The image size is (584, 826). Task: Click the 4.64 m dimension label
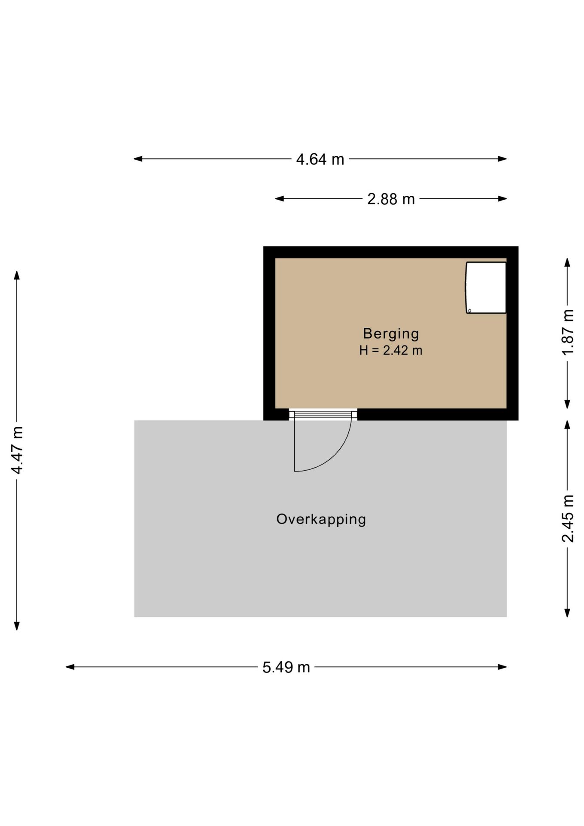tap(320, 160)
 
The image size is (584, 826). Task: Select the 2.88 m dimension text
tap(391, 199)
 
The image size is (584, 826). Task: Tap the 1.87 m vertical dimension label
tap(568, 332)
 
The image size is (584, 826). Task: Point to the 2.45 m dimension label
tap(568, 518)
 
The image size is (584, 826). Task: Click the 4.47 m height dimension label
tap(17, 450)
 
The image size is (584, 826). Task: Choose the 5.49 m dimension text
tap(286, 667)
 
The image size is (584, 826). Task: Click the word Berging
tap(391, 333)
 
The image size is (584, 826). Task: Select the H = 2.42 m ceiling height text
tap(391, 351)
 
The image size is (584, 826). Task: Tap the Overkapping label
tap(321, 519)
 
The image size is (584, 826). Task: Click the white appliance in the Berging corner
tap(486, 287)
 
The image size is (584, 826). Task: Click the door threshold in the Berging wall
tap(323, 415)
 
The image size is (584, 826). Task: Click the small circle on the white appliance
tap(470, 310)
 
